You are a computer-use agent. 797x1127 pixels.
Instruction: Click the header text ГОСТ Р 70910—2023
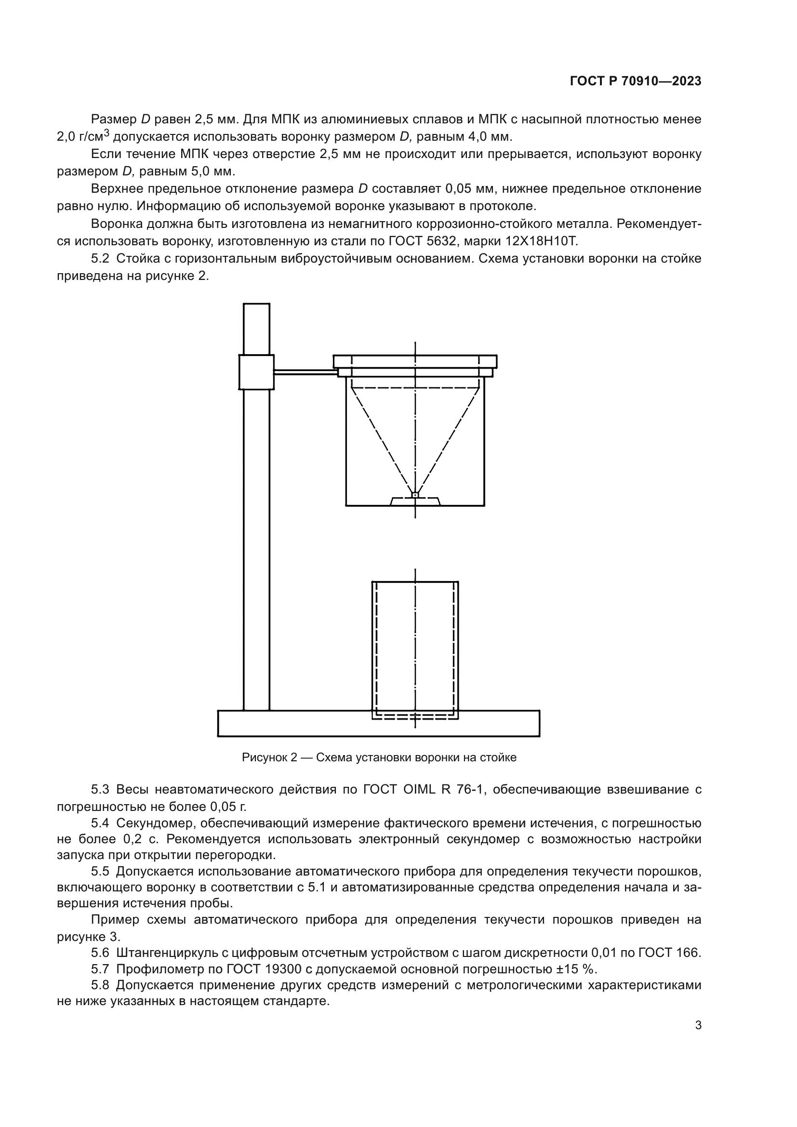[x=635, y=81]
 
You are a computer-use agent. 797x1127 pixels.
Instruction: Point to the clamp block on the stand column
[x=256, y=371]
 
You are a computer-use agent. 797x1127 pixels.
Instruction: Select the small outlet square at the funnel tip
[x=415, y=495]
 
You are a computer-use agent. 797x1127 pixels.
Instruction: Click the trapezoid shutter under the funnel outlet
[x=415, y=501]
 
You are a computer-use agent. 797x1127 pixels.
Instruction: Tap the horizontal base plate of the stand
[x=378, y=724]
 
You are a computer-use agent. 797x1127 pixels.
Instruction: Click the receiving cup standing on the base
[x=415, y=648]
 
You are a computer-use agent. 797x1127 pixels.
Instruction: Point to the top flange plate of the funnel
[x=415, y=361]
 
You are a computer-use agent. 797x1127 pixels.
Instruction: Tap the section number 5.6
[x=100, y=953]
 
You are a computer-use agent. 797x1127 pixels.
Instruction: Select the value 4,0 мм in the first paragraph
[x=490, y=136]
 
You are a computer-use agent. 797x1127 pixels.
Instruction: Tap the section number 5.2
[x=100, y=258]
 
